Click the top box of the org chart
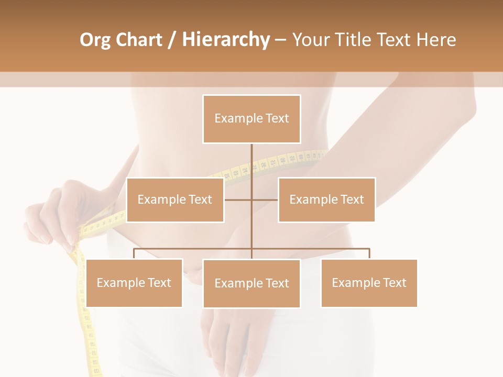(251, 119)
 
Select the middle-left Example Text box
(175, 199)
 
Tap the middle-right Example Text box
(326, 199)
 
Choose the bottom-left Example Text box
(134, 283)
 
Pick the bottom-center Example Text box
(251, 283)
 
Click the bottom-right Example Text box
(369, 283)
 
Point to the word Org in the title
(95, 40)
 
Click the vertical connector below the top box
(251, 162)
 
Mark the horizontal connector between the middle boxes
(251, 199)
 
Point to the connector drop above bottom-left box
(134, 254)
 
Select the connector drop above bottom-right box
(369, 254)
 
